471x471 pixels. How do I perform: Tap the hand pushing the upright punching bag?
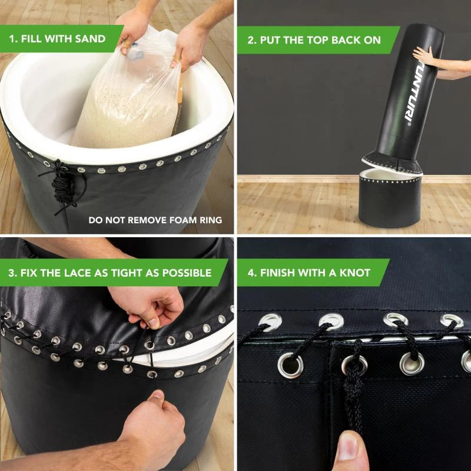coord(423,55)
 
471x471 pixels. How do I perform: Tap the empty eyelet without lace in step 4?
coord(290,365)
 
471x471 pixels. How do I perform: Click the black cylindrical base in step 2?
coord(390,200)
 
